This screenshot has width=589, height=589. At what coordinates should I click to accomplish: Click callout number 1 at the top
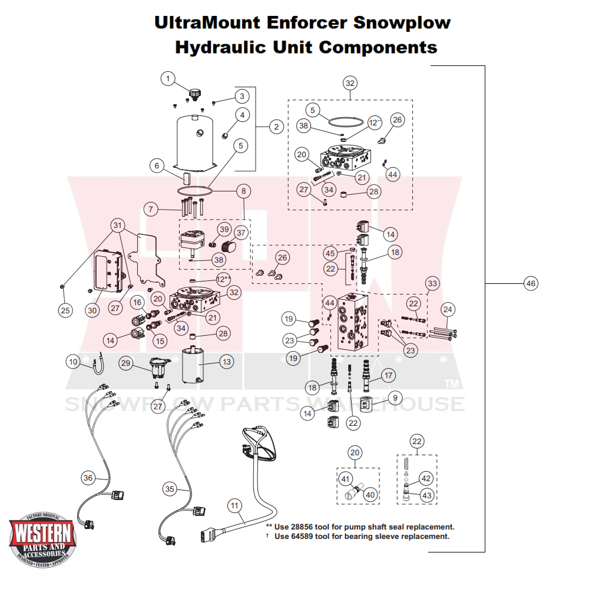pos(168,78)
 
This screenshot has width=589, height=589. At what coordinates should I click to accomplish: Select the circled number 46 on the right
pos(531,284)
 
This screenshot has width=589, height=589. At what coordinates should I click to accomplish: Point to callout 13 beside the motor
pos(227,362)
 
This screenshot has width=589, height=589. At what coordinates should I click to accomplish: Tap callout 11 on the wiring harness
pos(234,505)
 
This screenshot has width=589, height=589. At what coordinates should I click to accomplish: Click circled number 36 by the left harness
pos(88,478)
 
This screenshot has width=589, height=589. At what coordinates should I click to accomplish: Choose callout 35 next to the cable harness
pos(170,489)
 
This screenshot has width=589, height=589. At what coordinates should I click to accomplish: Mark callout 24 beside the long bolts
pos(448,309)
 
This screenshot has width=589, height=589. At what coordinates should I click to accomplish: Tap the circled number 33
pos(433,283)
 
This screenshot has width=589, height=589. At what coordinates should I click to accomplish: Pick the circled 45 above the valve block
pos(330,253)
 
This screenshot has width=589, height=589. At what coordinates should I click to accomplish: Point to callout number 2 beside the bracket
pos(275,126)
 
